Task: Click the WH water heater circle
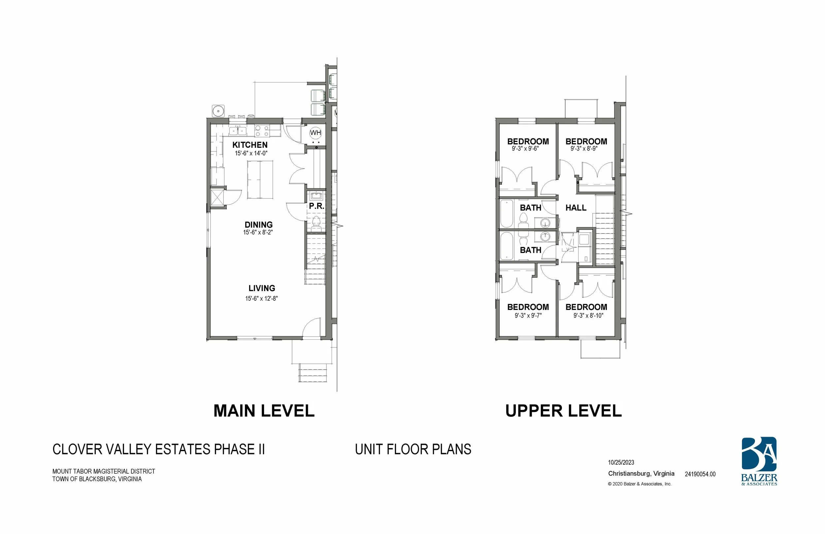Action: pos(315,133)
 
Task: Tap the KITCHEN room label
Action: pos(249,145)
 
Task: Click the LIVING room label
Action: pos(262,288)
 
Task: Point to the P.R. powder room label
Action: pos(316,206)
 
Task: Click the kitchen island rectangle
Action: pos(260,180)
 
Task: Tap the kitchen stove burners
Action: pos(262,131)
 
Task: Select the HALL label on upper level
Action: pos(576,208)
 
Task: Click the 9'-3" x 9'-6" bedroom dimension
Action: pos(525,149)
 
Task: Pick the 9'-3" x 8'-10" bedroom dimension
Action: pos(588,316)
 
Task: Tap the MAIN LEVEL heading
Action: pos(264,411)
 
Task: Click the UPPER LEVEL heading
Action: pos(563,411)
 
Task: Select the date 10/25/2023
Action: pos(621,463)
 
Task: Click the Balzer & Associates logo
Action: pos(759,461)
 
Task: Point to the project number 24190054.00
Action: pos(700,474)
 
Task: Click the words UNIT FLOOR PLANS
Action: pos(413,450)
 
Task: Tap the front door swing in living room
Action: pos(312,328)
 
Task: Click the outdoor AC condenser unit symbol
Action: pos(218,111)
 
